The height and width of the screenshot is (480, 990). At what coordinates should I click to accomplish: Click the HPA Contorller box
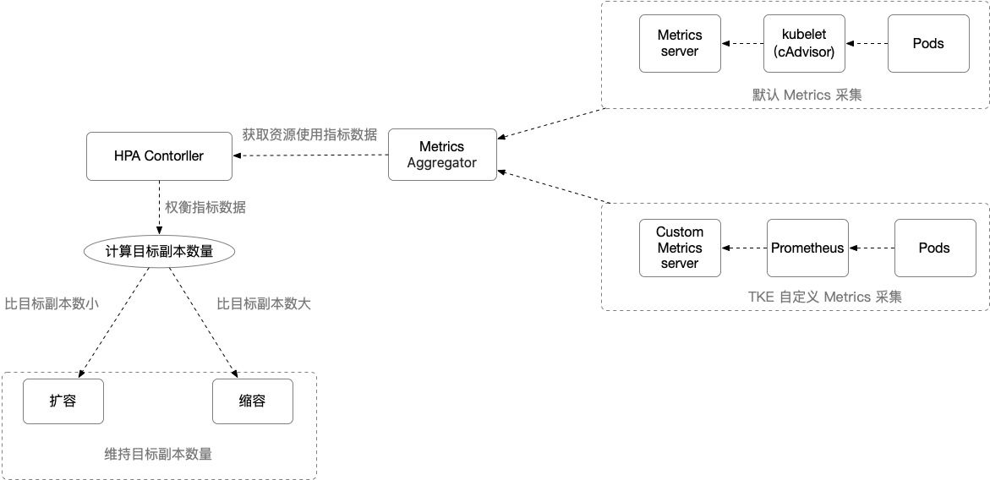[x=159, y=155]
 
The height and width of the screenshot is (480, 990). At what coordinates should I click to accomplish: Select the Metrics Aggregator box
[x=442, y=155]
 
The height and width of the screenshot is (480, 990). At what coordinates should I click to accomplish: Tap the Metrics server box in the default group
[x=680, y=44]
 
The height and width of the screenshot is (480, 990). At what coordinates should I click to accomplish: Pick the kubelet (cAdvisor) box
[x=804, y=44]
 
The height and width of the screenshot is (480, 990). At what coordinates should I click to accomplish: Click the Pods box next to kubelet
[x=928, y=44]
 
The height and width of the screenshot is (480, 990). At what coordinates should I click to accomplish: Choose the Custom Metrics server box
[x=680, y=248]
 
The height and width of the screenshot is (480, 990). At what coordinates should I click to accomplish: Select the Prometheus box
[x=807, y=248]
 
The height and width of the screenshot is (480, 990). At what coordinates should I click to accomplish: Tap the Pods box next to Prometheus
[x=934, y=248]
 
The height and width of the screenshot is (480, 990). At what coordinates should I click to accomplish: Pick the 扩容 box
[x=63, y=401]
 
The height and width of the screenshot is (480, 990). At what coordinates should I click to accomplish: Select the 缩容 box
[x=253, y=401]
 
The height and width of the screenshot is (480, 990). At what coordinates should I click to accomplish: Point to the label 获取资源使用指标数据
[x=310, y=134]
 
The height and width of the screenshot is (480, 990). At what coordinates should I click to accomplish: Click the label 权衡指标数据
[x=205, y=207]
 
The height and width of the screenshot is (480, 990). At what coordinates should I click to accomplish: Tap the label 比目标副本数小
[x=51, y=303]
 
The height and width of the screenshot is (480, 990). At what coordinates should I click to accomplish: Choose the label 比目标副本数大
[x=264, y=303]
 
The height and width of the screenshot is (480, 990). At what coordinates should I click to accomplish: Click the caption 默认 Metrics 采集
[x=807, y=95]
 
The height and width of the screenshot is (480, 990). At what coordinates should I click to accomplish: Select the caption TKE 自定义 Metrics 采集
[x=825, y=297]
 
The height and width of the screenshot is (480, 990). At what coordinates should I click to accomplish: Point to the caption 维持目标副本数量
[x=158, y=454]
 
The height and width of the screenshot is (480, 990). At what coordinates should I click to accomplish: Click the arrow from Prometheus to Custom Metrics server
[x=744, y=248]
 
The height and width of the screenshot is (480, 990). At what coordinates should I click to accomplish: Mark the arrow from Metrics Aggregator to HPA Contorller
[x=310, y=155]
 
